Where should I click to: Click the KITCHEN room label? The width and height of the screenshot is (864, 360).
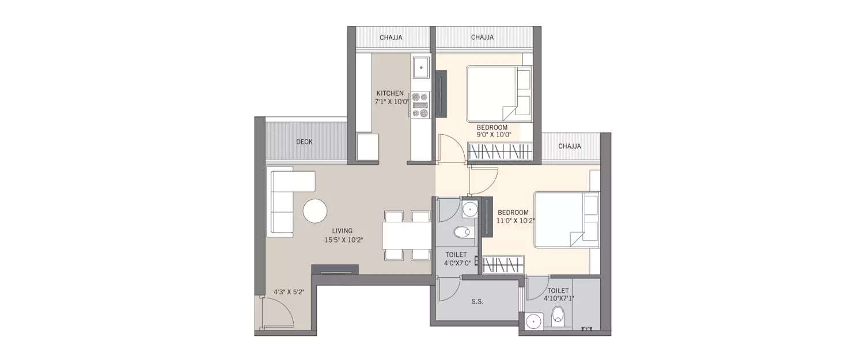[390, 93]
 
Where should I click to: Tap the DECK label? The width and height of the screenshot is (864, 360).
[304, 142]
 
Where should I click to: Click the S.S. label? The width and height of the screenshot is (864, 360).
[476, 301]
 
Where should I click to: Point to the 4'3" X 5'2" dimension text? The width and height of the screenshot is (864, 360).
[289, 292]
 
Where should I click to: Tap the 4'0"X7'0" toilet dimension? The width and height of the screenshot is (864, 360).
[458, 263]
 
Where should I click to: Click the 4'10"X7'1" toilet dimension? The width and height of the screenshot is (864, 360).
[558, 298]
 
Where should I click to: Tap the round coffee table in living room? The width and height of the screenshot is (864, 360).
[315, 211]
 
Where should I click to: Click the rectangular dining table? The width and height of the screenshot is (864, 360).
[407, 236]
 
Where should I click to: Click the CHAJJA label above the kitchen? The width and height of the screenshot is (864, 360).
[391, 37]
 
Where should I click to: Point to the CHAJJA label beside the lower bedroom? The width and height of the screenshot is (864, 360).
[569, 146]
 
